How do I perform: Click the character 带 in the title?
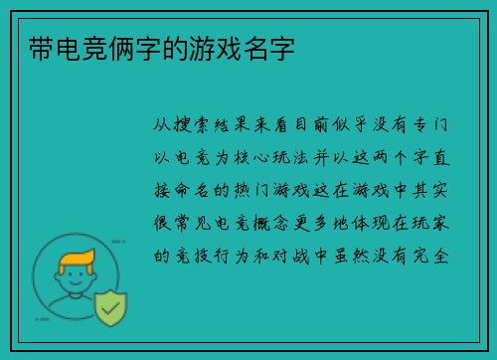(x=31, y=47)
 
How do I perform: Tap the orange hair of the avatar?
(x=77, y=260)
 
